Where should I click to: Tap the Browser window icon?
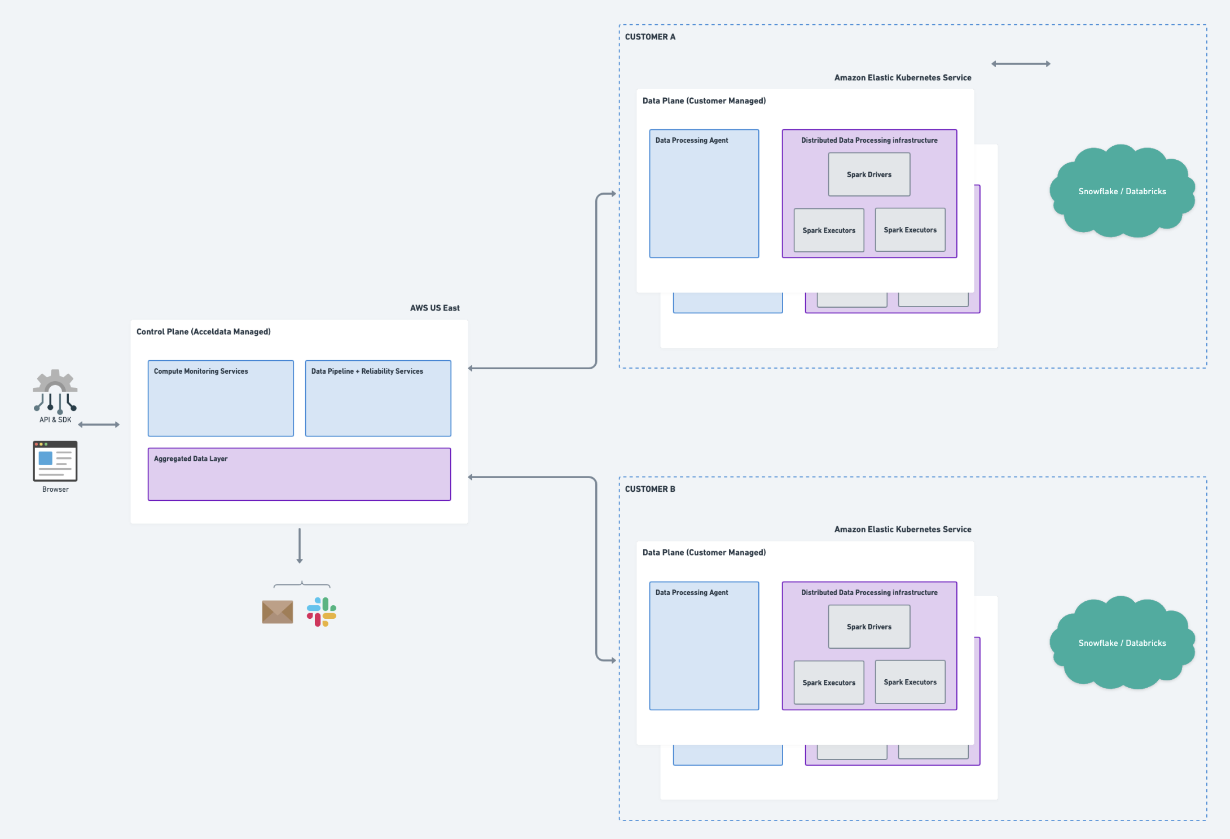point(55,461)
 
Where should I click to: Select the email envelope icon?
point(277,611)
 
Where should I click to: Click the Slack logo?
point(322,611)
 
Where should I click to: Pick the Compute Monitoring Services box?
point(221,398)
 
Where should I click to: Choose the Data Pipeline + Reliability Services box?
point(378,398)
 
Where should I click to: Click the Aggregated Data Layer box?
point(299,474)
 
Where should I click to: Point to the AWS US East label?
point(434,308)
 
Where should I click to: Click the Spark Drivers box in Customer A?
point(869,174)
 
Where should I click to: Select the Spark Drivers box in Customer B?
point(869,627)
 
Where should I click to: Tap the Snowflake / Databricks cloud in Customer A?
point(1122,191)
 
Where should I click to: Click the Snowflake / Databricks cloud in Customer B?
point(1122,643)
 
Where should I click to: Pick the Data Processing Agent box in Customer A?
point(704,194)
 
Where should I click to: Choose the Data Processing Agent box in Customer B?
point(704,646)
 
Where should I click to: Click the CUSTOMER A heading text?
point(650,37)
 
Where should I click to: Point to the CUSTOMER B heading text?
point(650,489)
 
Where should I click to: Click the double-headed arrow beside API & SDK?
point(99,425)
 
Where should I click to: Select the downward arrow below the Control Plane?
point(300,545)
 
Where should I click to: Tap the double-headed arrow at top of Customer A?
point(1021,64)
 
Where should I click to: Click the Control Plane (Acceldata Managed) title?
point(203,331)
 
